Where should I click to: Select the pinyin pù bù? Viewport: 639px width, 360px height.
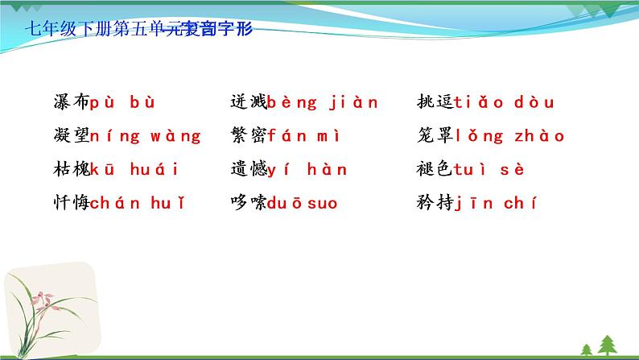[x=122, y=103]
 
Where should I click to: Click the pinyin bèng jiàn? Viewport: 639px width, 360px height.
[x=322, y=103]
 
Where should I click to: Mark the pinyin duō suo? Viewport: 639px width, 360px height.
[x=303, y=203]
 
